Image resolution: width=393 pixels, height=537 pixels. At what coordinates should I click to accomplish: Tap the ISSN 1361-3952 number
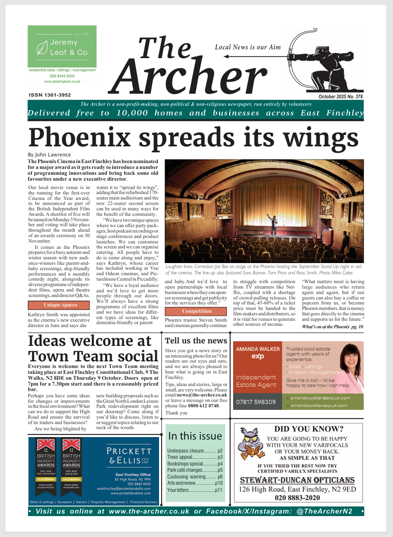[50, 95]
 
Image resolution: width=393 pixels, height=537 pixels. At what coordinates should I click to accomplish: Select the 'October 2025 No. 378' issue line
[340, 97]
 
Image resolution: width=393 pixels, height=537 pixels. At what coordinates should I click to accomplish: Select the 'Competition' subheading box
[196, 311]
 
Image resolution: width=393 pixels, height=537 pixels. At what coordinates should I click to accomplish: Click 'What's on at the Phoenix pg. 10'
[332, 327]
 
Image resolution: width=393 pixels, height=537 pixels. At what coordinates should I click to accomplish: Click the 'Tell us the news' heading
[196, 340]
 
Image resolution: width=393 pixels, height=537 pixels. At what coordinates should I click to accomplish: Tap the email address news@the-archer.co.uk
[202, 394]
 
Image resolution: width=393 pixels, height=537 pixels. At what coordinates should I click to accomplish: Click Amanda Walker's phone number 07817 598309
[256, 402]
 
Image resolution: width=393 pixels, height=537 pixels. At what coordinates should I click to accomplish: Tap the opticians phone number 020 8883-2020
[297, 498]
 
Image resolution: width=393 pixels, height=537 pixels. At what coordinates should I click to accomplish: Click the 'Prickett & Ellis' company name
[128, 455]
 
